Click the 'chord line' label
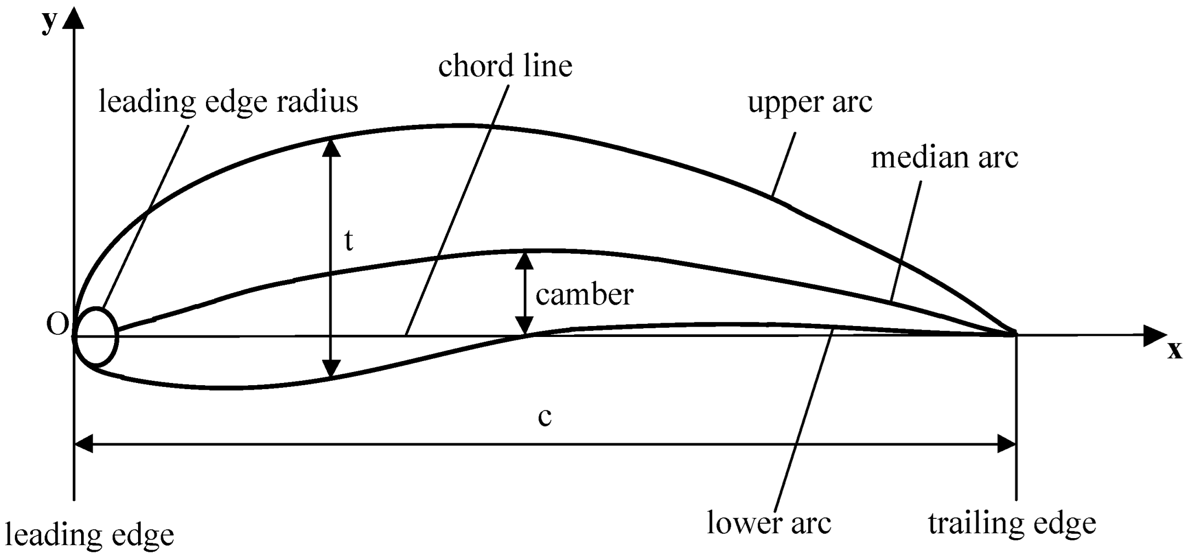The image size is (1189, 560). click(x=505, y=67)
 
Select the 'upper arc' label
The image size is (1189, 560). click(x=809, y=102)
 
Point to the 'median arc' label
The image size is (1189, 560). click(x=944, y=158)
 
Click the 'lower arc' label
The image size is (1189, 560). click(x=769, y=523)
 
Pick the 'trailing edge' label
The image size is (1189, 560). click(x=1011, y=523)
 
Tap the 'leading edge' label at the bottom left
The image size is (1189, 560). click(x=89, y=535)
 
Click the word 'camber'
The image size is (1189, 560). click(x=584, y=295)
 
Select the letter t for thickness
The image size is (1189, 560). click(x=348, y=241)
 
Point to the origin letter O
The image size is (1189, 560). click(x=57, y=325)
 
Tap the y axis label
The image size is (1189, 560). click(x=50, y=22)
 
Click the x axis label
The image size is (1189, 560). click(x=1174, y=351)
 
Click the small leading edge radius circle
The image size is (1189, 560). click(x=97, y=336)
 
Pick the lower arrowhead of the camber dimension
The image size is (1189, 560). click(x=525, y=326)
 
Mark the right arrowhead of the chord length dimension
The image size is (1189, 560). click(x=1007, y=444)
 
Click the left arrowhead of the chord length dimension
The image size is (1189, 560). click(x=84, y=444)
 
